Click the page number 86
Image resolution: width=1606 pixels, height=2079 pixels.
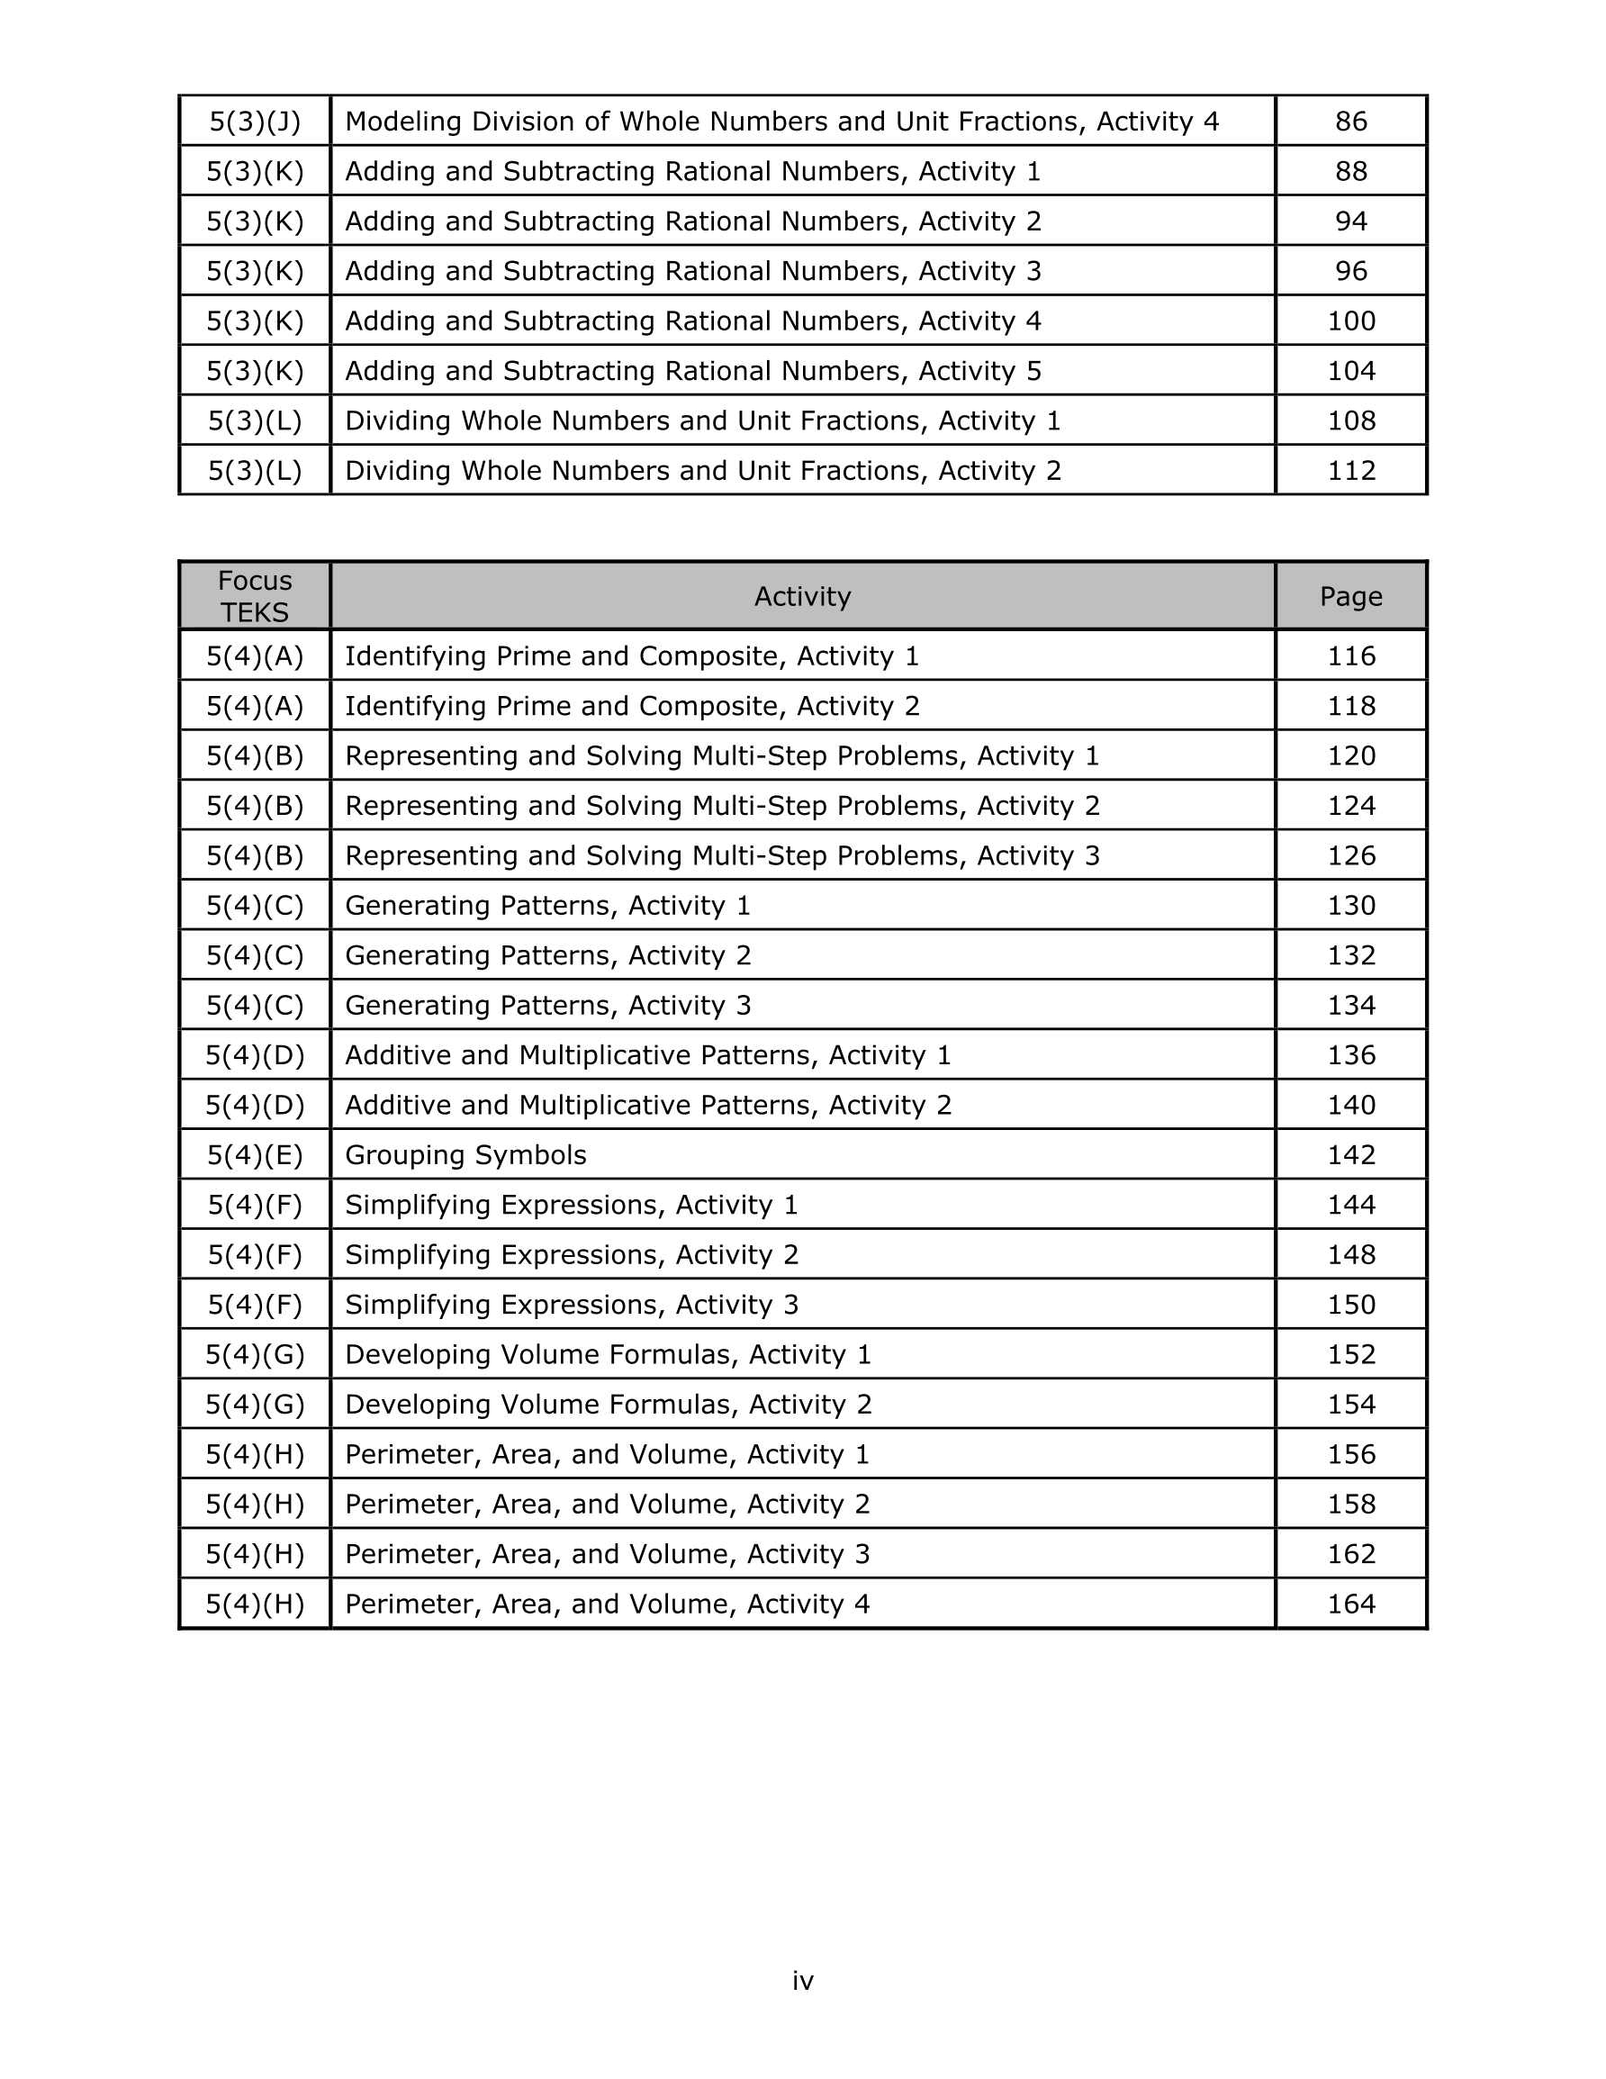pos(1350,122)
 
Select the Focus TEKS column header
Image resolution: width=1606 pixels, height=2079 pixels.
pos(254,597)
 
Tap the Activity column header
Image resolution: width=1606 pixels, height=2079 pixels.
pos(801,597)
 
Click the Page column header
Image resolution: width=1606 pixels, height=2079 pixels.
pos(1350,597)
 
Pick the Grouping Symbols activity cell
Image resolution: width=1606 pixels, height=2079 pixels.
pos(465,1155)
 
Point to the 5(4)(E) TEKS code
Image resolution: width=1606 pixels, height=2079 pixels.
pos(254,1155)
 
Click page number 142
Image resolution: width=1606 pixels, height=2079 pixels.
pos(1351,1155)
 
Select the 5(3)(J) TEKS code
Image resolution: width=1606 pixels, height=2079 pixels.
pos(254,122)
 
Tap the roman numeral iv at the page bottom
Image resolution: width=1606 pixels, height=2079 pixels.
pos(802,1981)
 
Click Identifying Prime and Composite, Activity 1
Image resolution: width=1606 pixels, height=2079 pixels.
pos(632,656)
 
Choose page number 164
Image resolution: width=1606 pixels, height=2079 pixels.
pos(1351,1604)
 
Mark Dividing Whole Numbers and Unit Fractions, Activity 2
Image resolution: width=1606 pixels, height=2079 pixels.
pos(702,471)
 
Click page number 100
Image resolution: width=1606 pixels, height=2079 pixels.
pos(1351,321)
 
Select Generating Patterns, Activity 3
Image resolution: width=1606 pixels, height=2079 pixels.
pos(547,1006)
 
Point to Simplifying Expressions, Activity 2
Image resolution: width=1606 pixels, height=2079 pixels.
pos(571,1255)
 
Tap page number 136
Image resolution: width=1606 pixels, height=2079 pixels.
pos(1351,1055)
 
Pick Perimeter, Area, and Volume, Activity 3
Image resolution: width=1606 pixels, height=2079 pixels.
pos(608,1554)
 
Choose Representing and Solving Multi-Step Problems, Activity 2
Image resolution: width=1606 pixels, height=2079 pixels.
pos(722,806)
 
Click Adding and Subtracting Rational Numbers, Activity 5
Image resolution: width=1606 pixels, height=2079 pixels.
pos(693,371)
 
